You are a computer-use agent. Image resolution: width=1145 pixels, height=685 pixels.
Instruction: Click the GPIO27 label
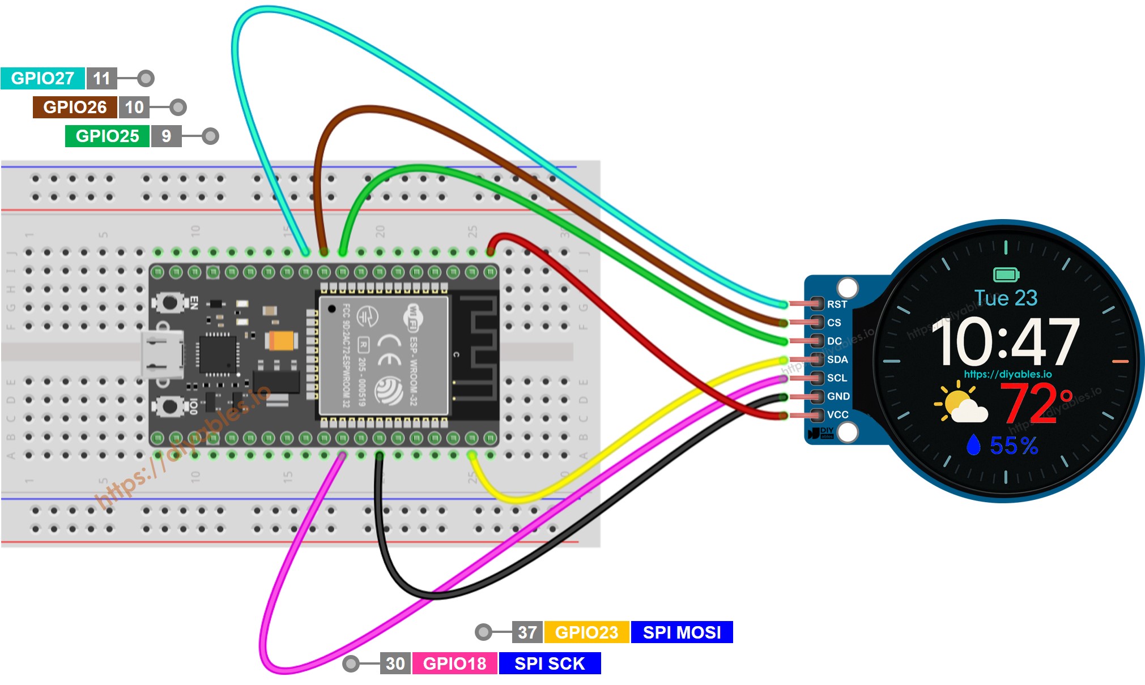pyautogui.click(x=42, y=78)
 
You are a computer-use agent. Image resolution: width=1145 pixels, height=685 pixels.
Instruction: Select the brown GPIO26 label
pyautogui.click(x=75, y=107)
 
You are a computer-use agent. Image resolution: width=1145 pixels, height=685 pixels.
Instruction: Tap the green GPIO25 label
pyautogui.click(x=107, y=136)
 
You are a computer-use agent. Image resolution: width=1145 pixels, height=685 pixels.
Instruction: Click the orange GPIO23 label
pyautogui.click(x=586, y=632)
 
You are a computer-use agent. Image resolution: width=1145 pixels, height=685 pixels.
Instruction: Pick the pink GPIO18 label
pyautogui.click(x=454, y=663)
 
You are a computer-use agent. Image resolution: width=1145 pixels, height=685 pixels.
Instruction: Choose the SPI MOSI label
pyautogui.click(x=682, y=632)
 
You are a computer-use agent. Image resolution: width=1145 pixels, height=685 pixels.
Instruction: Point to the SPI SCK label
pyautogui.click(x=549, y=663)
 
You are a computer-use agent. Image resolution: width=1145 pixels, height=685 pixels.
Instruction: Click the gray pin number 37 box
pyautogui.click(x=527, y=632)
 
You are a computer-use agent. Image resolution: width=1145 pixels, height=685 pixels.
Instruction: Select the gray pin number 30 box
pyautogui.click(x=395, y=663)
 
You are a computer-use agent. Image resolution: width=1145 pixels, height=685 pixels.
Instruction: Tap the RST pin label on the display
pyautogui.click(x=836, y=305)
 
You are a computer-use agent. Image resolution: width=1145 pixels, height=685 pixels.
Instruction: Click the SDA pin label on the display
pyautogui.click(x=837, y=359)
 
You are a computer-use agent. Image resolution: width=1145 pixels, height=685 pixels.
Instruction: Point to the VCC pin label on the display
pyautogui.click(x=837, y=414)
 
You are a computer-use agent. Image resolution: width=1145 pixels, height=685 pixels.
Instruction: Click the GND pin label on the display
pyautogui.click(x=838, y=396)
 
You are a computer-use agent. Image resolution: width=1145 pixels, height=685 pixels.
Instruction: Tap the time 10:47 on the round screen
pyautogui.click(x=1005, y=342)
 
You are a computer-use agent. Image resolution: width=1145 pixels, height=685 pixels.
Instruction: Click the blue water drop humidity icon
pyautogui.click(x=973, y=445)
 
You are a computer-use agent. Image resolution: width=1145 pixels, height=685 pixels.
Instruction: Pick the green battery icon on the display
pyautogui.click(x=1006, y=275)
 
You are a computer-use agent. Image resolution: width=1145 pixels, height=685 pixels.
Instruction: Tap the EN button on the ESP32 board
pyautogui.click(x=169, y=302)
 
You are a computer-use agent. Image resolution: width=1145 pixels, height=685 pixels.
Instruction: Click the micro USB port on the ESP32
pyautogui.click(x=163, y=354)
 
